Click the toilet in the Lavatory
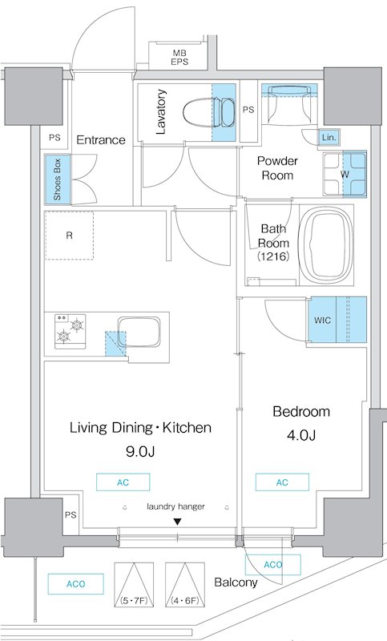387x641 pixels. coord(208,112)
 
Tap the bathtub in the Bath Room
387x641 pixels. coord(325,245)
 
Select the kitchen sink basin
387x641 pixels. coord(139,332)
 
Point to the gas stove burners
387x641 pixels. coord(71,331)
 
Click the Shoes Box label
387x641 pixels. coord(57,179)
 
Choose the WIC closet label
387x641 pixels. coord(322,320)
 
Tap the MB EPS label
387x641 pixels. coord(179,57)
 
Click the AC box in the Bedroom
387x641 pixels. coord(282,482)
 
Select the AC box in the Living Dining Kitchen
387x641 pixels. coord(123,482)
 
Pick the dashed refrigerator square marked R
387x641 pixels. coord(69,236)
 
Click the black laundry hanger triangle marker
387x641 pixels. coord(177,522)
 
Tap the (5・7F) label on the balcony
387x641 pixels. coord(134,601)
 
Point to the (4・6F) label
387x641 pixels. coord(185,601)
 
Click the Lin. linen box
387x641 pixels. coord(329,138)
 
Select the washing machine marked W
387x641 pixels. coord(345,174)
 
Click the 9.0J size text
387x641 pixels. coord(139,452)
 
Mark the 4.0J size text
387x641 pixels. coord(300,435)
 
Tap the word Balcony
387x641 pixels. coord(236,583)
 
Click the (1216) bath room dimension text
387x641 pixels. coord(273,256)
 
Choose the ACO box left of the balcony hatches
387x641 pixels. coord(75,584)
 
